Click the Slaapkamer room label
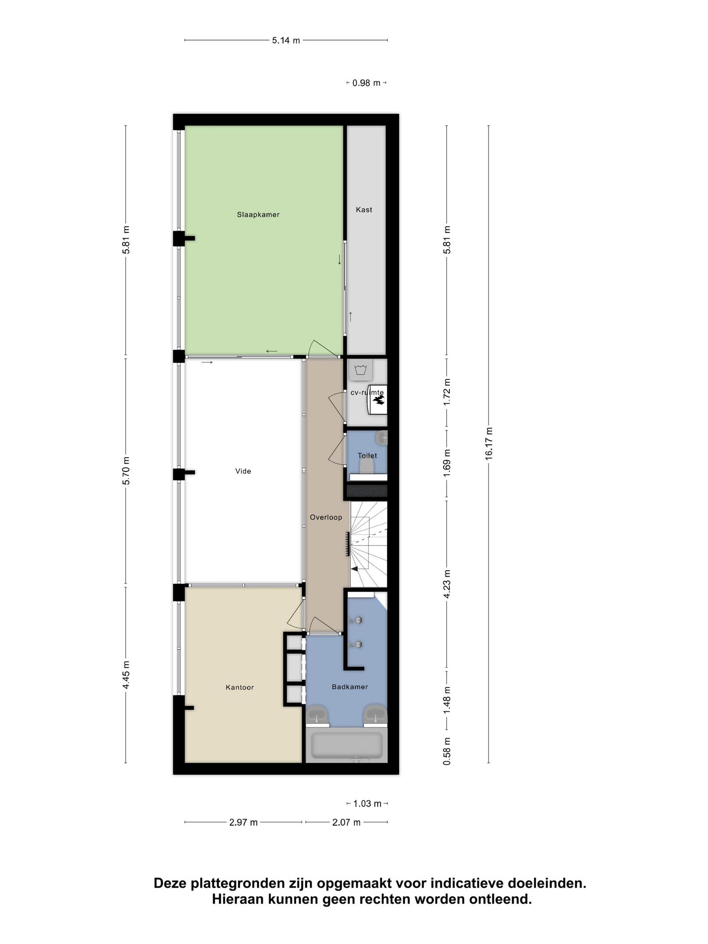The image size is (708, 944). pyautogui.click(x=258, y=214)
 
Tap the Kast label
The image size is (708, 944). pyautogui.click(x=364, y=210)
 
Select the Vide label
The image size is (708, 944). pyautogui.click(x=243, y=471)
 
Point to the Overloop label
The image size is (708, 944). pyautogui.click(x=326, y=517)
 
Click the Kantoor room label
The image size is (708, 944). pyautogui.click(x=240, y=687)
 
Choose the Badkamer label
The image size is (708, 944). pyautogui.click(x=350, y=687)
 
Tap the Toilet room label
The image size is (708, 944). pyautogui.click(x=367, y=455)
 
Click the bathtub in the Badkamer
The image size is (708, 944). pyautogui.click(x=347, y=745)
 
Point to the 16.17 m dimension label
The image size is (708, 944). pyautogui.click(x=489, y=443)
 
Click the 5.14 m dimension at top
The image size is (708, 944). pyautogui.click(x=286, y=40)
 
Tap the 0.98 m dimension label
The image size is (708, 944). pyautogui.click(x=366, y=83)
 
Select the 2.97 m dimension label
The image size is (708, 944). pyautogui.click(x=243, y=822)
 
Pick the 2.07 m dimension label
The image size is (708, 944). pyautogui.click(x=346, y=822)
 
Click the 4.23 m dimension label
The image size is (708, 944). pyautogui.click(x=447, y=584)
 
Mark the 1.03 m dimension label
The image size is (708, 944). pyautogui.click(x=367, y=804)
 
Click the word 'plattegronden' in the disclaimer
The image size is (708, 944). pyautogui.click(x=238, y=884)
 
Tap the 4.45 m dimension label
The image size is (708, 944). pyautogui.click(x=126, y=675)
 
